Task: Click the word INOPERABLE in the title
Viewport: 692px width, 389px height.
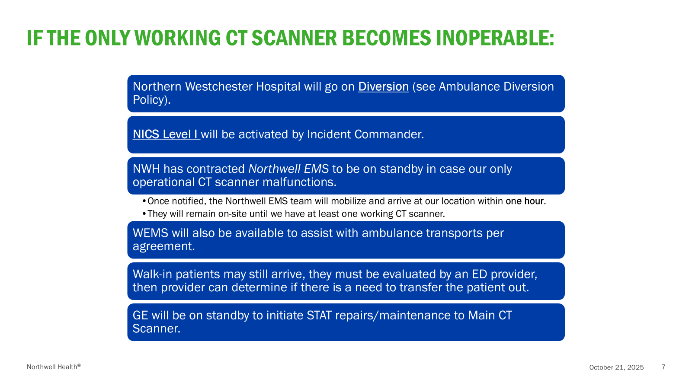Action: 495,38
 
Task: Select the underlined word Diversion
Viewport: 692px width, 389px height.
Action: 383,87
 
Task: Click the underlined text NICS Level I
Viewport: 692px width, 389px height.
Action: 166,134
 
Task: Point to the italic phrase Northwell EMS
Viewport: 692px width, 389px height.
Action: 288,169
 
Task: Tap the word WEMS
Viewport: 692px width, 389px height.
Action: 151,233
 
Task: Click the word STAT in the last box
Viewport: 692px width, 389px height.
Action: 319,316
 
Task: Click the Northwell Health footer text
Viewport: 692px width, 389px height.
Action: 54,367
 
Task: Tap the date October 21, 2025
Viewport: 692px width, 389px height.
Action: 616,367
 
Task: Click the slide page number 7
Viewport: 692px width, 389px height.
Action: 663,367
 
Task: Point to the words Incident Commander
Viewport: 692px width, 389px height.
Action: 365,134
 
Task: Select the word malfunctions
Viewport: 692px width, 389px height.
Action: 299,182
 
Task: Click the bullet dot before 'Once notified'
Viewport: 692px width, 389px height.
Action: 144,201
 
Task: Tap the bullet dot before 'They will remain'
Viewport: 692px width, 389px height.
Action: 144,214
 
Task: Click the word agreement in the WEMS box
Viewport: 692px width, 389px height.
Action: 164,246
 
